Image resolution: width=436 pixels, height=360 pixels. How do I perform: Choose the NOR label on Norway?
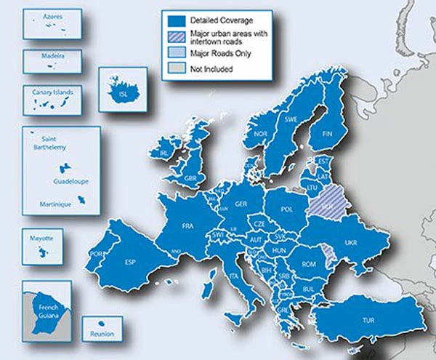pyautogui.click(x=261, y=135)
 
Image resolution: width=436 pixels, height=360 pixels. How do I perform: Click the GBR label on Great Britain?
pyautogui.click(x=191, y=178)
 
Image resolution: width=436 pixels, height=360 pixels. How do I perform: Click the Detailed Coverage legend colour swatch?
pyautogui.click(x=173, y=19)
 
